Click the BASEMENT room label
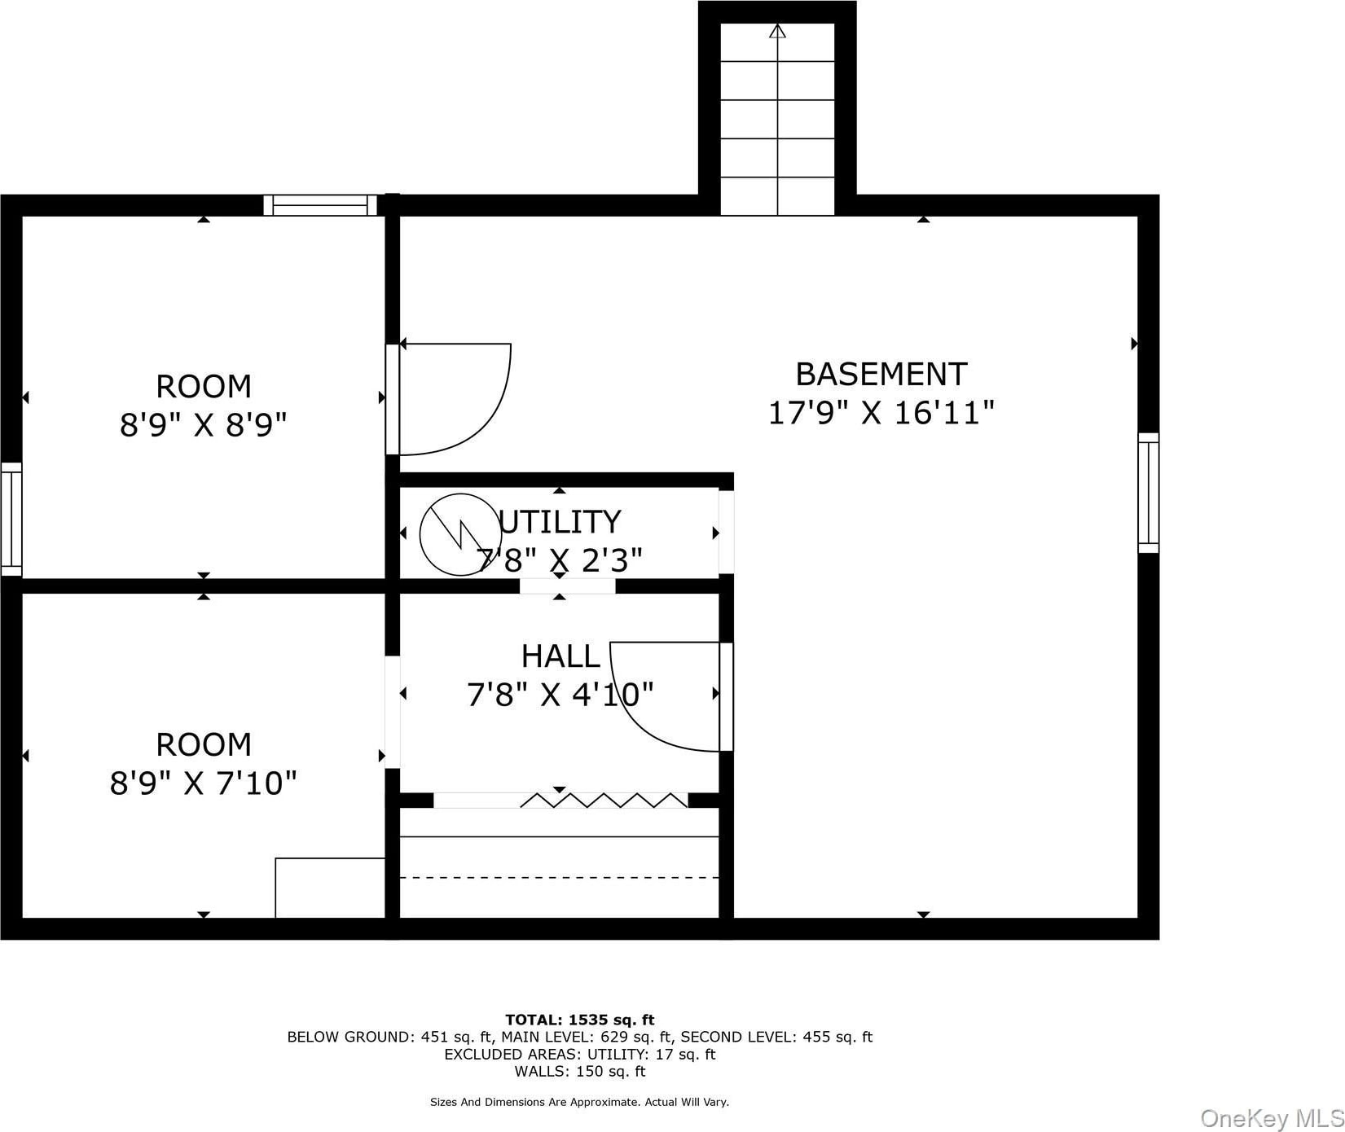point(881,375)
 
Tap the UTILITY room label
point(560,521)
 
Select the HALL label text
point(560,656)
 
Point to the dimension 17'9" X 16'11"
point(881,413)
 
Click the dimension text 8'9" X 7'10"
point(204,783)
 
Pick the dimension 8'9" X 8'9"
point(204,424)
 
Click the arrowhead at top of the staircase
point(778,31)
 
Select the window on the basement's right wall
point(1148,493)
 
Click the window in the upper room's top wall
point(321,205)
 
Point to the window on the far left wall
point(11,519)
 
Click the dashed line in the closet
point(559,877)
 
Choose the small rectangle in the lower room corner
point(330,888)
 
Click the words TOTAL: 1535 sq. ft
point(580,1020)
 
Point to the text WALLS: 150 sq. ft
point(580,1072)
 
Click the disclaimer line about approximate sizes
point(580,1102)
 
